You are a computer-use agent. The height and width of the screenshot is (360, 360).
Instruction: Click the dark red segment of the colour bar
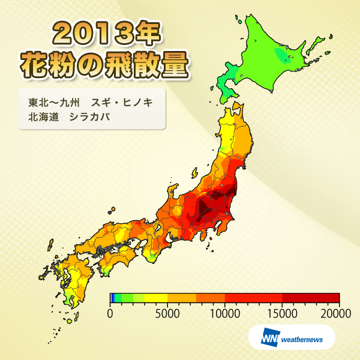[x=310, y=298]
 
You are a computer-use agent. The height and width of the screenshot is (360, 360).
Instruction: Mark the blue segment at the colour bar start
[x=112, y=298]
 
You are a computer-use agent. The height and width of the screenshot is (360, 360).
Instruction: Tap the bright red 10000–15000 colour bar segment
[x=253, y=298]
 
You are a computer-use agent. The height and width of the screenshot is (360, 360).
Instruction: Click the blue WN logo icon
[x=269, y=339]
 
